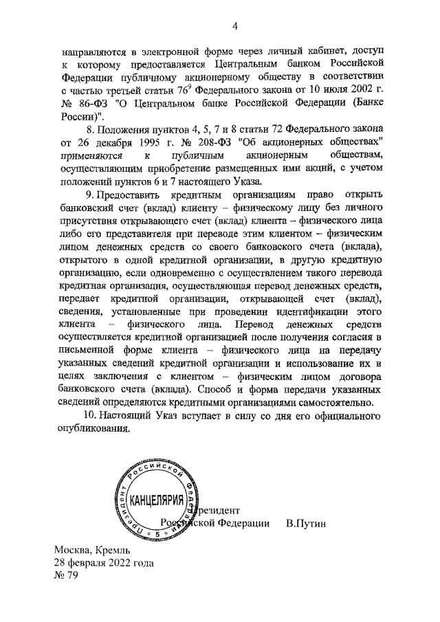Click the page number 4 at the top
pyautogui.click(x=235, y=27)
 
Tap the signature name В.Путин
pyautogui.click(x=306, y=524)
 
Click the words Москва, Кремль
pyautogui.click(x=91, y=551)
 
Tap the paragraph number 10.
pyautogui.click(x=89, y=416)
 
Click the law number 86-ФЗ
pyautogui.click(x=90, y=104)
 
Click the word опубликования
pyautogui.click(x=94, y=429)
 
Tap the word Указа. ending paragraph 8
pyautogui.click(x=245, y=181)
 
